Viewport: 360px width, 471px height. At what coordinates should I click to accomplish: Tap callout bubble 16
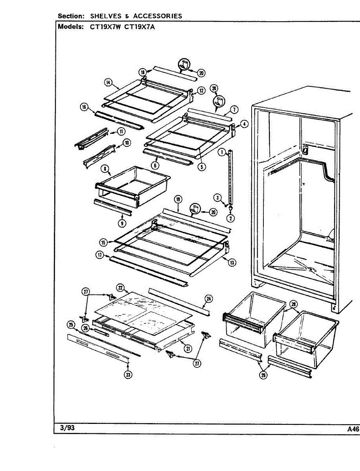pyautogui.click(x=84, y=107)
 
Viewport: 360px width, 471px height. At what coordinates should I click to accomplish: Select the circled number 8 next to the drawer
pyautogui.click(x=105, y=169)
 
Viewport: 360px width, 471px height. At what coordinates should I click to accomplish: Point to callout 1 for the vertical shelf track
pyautogui.click(x=222, y=152)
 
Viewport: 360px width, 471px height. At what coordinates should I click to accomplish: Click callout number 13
pyautogui.click(x=232, y=263)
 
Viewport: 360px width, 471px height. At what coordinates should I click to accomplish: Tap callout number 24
pyautogui.click(x=209, y=299)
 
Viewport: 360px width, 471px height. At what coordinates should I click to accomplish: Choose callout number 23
pyautogui.click(x=128, y=375)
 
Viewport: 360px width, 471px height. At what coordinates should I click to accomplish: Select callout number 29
pyautogui.click(x=263, y=375)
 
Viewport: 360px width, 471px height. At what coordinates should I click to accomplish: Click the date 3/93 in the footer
pyautogui.click(x=67, y=428)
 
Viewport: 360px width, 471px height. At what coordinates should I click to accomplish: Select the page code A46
pyautogui.click(x=353, y=429)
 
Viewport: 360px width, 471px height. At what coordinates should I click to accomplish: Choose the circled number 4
pyautogui.click(x=244, y=124)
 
